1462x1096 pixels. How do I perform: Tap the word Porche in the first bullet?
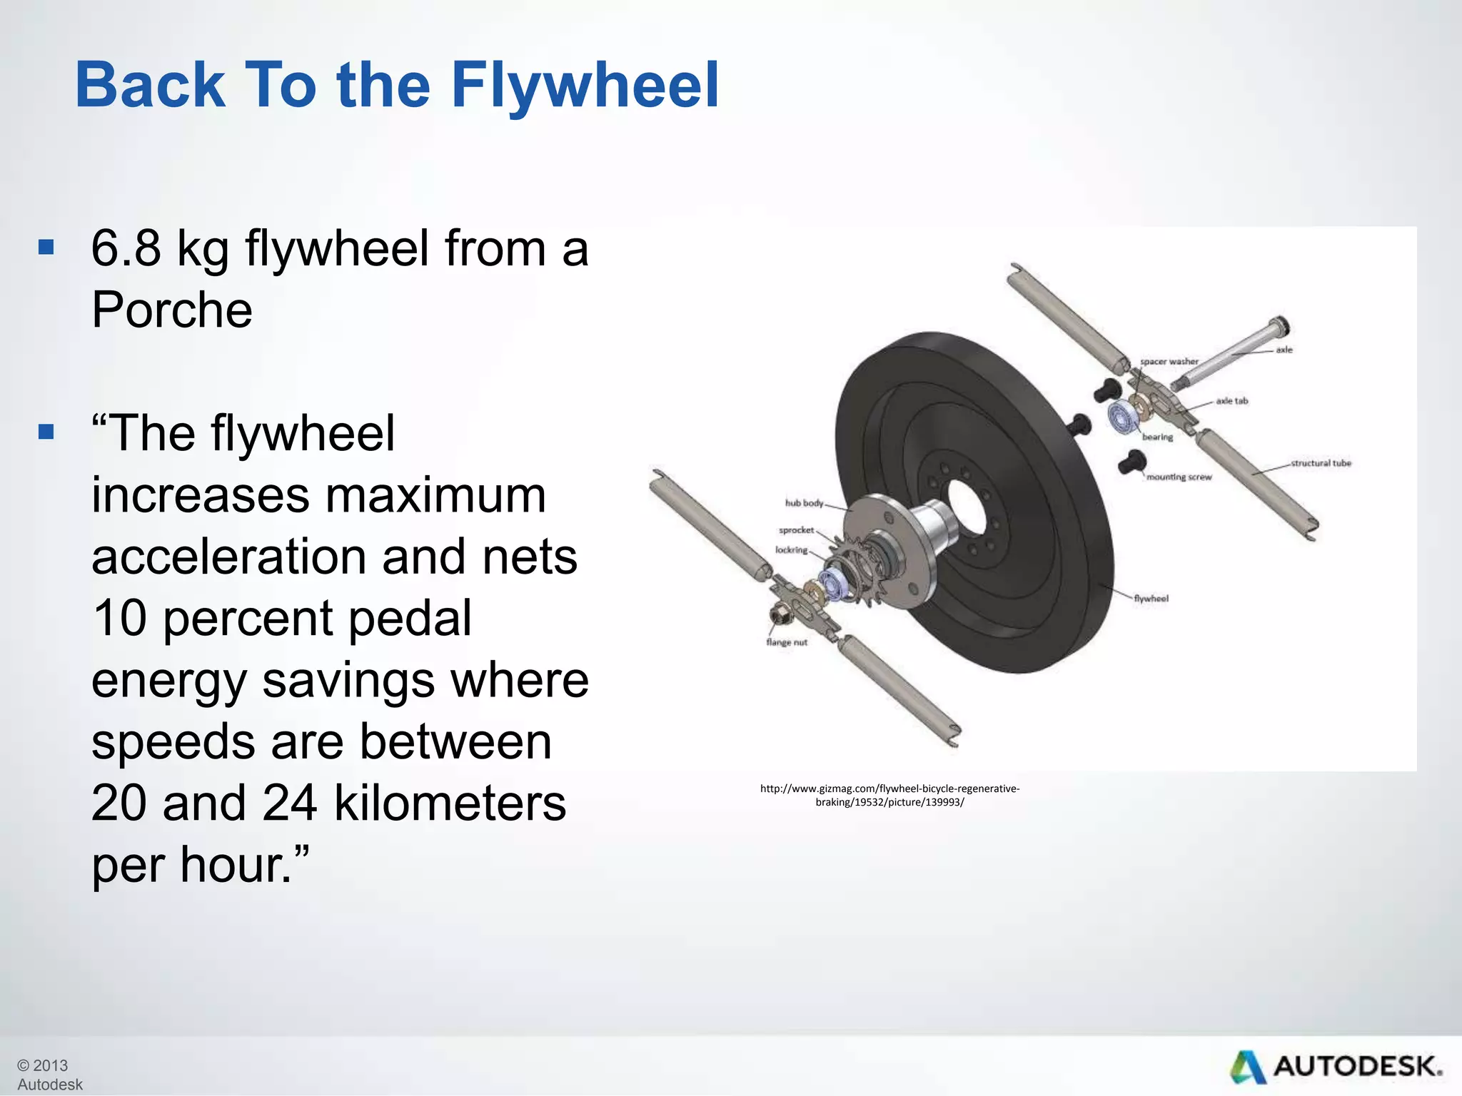[172, 310]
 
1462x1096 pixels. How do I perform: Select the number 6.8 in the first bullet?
[126, 249]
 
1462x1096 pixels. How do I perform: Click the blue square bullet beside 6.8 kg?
[46, 248]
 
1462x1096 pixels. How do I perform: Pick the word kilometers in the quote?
[450, 803]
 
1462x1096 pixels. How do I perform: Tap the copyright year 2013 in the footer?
[50, 1065]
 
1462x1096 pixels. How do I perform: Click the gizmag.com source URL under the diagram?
[889, 795]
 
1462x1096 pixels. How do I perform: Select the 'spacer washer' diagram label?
[1169, 361]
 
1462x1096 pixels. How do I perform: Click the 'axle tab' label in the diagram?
[1231, 401]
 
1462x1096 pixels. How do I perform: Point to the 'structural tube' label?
[1321, 463]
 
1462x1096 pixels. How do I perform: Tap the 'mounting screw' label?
[1179, 477]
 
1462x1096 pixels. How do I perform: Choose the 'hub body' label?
[804, 503]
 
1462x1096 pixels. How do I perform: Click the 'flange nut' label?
[786, 642]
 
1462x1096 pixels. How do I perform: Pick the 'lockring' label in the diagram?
[791, 550]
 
